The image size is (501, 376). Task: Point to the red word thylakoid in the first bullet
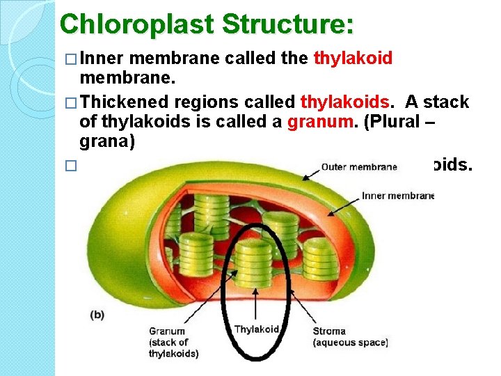[353, 58]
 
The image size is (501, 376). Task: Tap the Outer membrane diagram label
[360, 166]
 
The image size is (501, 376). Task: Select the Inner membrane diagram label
[397, 196]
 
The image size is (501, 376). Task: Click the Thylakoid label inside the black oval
[257, 329]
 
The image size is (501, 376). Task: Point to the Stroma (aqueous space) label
[350, 337]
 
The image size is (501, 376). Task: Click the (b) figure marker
[98, 314]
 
